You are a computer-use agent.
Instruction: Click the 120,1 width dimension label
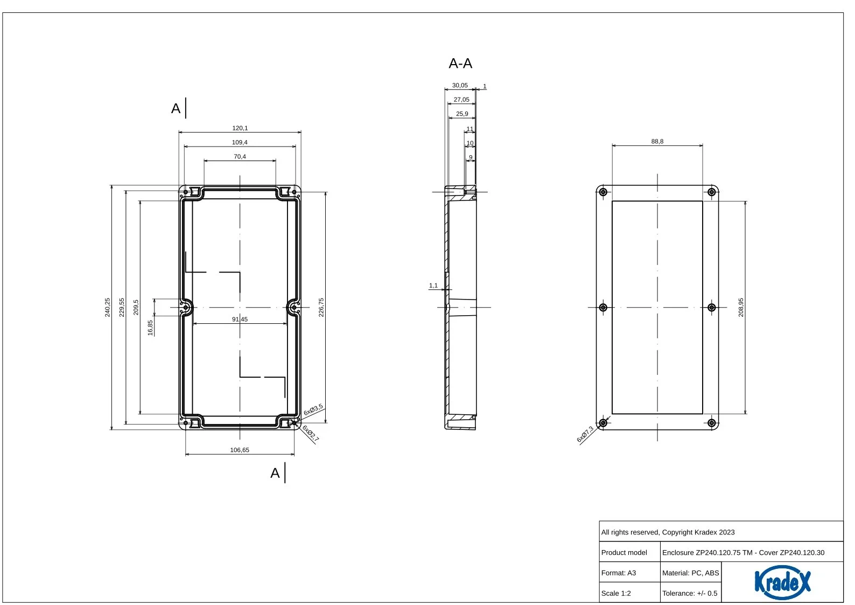240,128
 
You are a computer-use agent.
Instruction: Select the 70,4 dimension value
240,157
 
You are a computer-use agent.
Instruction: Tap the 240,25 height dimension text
108,308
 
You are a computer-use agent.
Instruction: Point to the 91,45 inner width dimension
240,319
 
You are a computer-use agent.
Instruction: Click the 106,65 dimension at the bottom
240,450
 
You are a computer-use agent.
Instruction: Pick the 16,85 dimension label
150,328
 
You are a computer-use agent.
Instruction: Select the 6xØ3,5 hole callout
313,410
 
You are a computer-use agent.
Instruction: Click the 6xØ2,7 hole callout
311,434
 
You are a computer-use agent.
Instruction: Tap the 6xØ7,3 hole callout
585,434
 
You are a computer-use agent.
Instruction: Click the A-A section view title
460,64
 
